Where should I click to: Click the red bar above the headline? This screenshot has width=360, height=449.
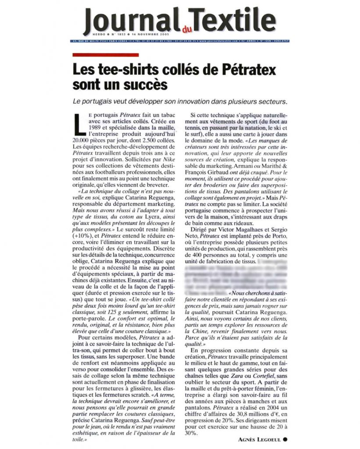tap(105, 55)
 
